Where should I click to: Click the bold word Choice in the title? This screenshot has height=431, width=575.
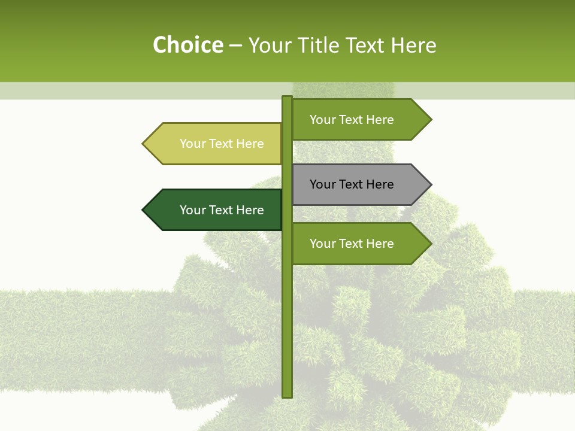coord(187,45)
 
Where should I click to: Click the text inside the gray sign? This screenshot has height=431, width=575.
coord(352,184)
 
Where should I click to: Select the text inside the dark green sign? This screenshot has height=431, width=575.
coord(222,210)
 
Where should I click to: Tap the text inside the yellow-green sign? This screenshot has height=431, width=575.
coord(222,144)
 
